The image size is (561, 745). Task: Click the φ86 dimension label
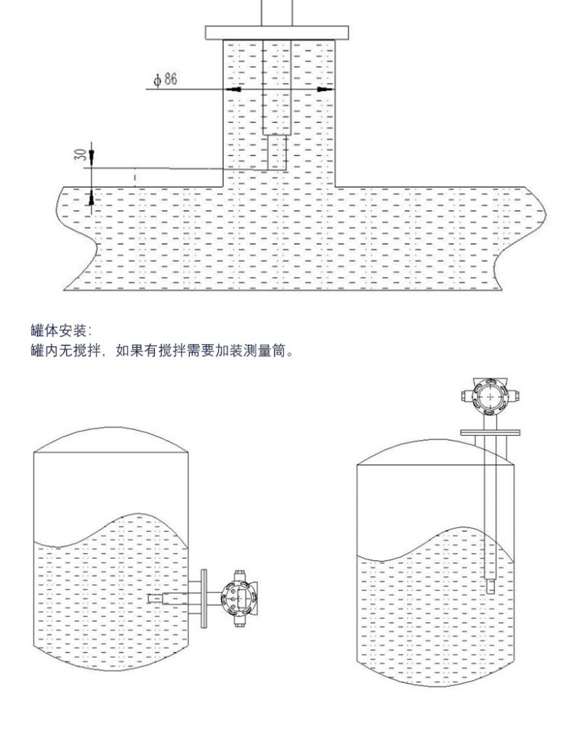pos(165,80)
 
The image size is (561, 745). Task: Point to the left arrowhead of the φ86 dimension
pos(234,89)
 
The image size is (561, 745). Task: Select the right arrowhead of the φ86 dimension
pos(323,89)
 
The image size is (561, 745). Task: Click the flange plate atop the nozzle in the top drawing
pos(278,33)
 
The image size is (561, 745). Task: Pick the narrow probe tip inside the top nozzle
pos(277,153)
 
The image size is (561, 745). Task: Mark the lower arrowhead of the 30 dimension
pos(91,196)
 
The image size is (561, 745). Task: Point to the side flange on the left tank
pos(203,598)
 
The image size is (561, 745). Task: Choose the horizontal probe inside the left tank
pos(166,599)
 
